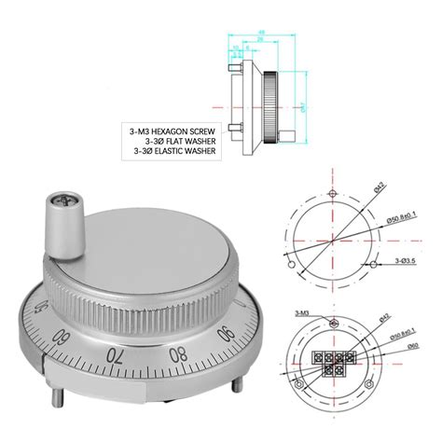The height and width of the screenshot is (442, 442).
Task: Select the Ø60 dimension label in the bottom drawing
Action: pos(410,345)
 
